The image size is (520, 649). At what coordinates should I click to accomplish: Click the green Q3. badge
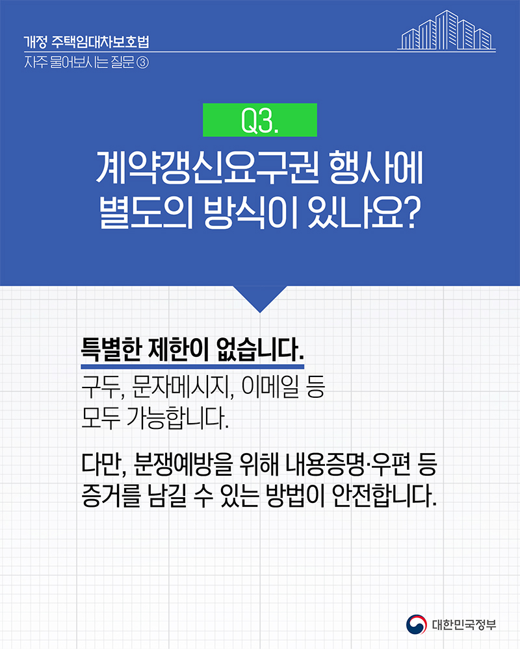(260, 120)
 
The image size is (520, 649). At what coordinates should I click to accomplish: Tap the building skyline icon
(447, 31)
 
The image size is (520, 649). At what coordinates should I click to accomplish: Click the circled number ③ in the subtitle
(142, 63)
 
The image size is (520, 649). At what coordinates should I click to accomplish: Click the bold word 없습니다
(260, 350)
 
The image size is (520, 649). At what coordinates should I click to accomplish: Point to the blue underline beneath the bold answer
(192, 367)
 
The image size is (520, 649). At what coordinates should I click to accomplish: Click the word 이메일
(270, 387)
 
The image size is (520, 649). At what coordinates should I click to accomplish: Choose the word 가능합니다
(177, 418)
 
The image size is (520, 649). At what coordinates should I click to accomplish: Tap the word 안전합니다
(384, 495)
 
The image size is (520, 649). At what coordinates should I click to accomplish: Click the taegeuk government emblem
(417, 624)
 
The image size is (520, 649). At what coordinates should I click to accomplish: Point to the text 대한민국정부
(464, 625)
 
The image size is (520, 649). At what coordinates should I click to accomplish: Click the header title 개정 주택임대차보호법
(86, 42)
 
